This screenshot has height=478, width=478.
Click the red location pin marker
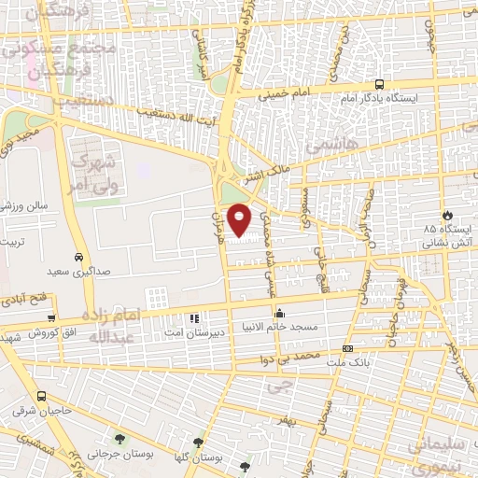tap(240, 218)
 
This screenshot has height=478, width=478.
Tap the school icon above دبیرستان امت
tap(195, 319)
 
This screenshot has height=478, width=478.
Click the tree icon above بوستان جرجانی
tap(119, 438)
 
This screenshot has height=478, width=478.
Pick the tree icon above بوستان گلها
tap(198, 443)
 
